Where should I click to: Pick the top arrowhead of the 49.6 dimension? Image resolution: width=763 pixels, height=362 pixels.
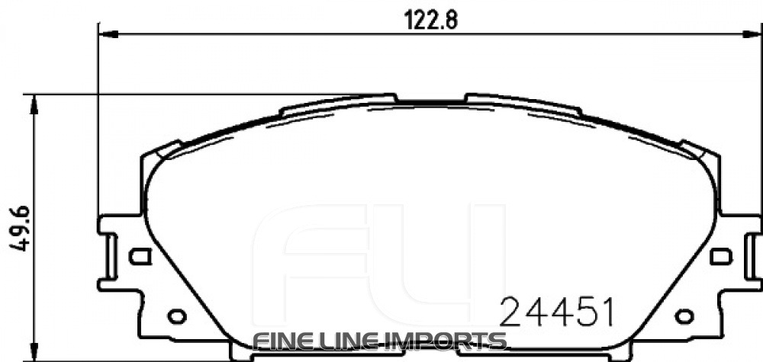(x=31, y=103)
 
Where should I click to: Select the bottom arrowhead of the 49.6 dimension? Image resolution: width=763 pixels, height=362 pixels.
(x=31, y=354)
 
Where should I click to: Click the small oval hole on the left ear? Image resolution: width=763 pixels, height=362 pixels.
(x=176, y=316)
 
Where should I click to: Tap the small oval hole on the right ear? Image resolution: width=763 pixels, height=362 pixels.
(x=684, y=316)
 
